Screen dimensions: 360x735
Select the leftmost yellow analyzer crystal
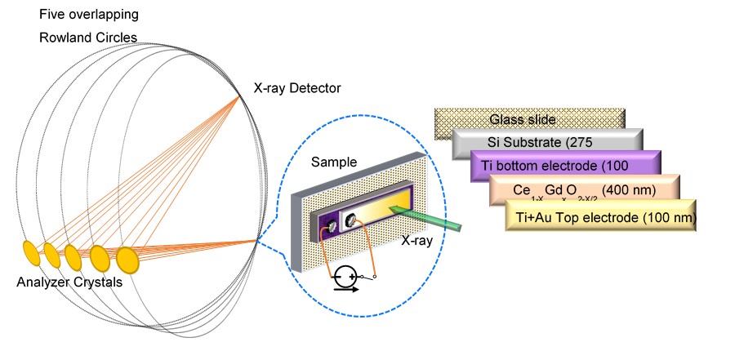(x=30, y=251)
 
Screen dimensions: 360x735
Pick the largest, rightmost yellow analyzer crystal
(x=127, y=260)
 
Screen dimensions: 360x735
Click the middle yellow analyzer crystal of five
(x=73, y=256)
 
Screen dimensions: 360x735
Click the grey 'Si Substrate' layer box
(x=547, y=143)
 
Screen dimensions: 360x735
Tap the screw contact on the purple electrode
(x=333, y=228)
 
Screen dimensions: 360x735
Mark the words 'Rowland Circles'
(x=88, y=38)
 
